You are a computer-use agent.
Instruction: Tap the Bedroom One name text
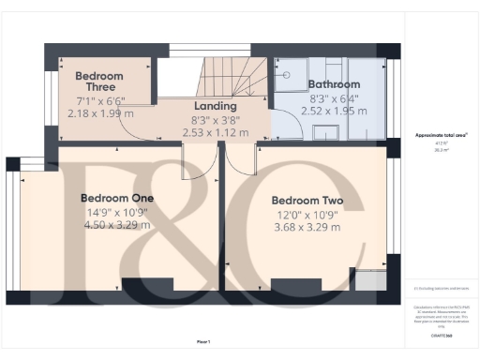tap(116, 198)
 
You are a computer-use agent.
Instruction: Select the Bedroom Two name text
tap(307, 201)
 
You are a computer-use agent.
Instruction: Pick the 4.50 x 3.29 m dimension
tap(116, 225)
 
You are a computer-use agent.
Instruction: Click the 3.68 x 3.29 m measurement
tap(307, 227)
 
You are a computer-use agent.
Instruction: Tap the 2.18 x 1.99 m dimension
tap(101, 113)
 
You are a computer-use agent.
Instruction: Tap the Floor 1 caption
tap(203, 340)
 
